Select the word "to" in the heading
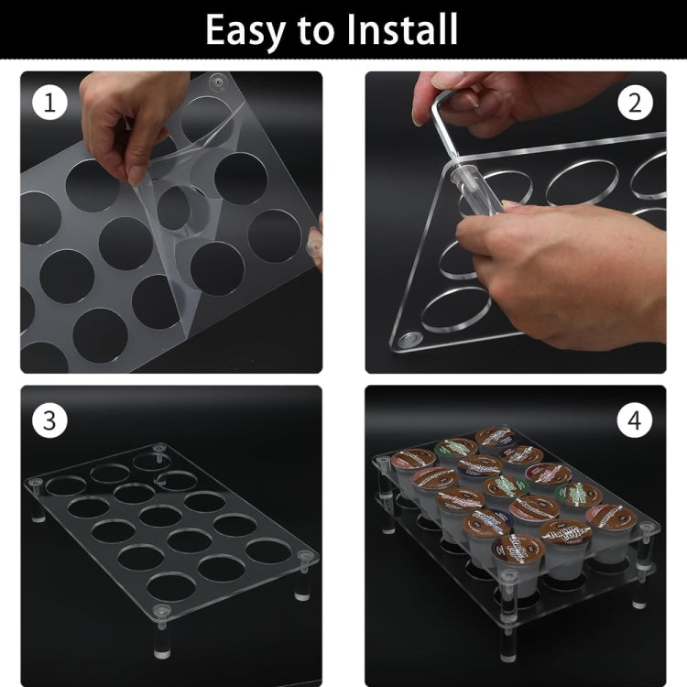tap(316, 31)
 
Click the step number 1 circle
tap(50, 103)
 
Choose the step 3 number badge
tap(50, 420)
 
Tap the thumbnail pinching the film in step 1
tap(140, 172)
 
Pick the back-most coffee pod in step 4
tap(496, 438)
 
